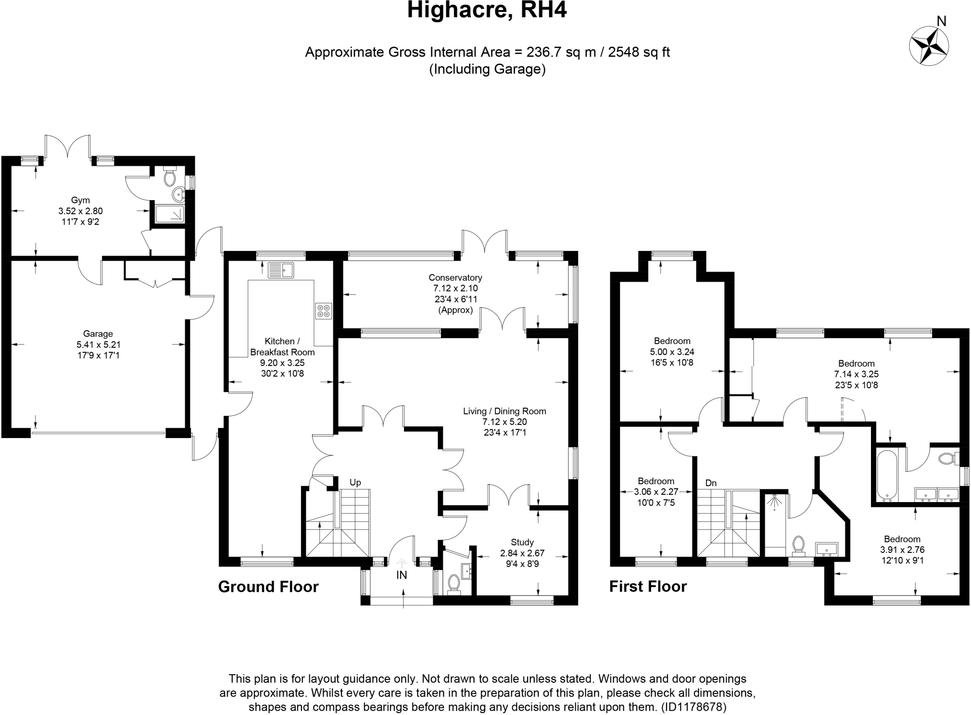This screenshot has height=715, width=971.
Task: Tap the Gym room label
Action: pos(80,201)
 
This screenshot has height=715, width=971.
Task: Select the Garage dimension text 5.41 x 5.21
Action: pos(98,345)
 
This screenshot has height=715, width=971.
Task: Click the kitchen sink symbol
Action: pos(281,270)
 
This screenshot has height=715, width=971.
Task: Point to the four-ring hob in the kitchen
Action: pos(324,311)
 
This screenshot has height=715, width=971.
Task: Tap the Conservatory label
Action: pos(455,278)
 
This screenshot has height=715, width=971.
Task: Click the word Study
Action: pos(522,542)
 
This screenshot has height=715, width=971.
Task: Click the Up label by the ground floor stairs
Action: pos(355,483)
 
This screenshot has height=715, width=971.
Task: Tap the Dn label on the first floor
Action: pos(711,483)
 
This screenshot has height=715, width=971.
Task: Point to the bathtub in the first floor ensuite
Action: pos(885,476)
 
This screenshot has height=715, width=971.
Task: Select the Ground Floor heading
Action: pos(268,587)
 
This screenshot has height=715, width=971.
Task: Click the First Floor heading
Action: pos(648,587)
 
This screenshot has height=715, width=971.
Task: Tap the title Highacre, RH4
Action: pos(487,10)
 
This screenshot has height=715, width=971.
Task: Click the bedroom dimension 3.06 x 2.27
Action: pos(656,492)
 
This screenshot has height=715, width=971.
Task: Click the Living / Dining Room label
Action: pos(504,412)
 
